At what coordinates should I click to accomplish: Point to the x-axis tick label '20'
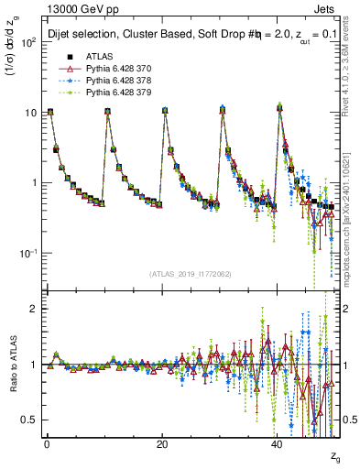tap(161, 443)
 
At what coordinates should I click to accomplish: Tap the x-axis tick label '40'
tap(277, 443)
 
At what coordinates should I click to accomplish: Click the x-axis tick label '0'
tap(47, 443)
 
